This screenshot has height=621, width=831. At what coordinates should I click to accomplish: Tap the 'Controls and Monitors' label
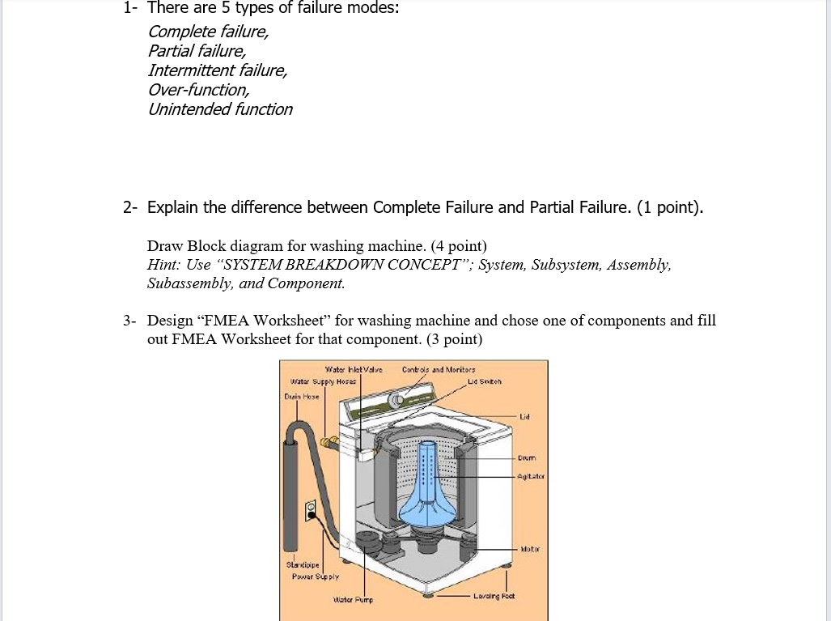coord(439,370)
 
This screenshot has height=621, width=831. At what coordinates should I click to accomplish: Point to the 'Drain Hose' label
coord(302,397)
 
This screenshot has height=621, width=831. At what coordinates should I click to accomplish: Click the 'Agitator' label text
coord(531,476)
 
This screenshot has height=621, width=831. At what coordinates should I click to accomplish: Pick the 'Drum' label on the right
coord(527,458)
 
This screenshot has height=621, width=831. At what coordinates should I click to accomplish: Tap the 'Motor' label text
coord(530,548)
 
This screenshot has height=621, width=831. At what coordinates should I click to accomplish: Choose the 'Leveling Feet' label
coord(498,595)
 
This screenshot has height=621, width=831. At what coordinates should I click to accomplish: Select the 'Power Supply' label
coord(316,577)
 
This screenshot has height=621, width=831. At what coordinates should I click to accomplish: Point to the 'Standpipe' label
coord(304,564)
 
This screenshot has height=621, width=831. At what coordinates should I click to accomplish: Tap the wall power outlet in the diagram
coord(310,510)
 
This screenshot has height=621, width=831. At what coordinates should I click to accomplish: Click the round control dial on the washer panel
coord(396,400)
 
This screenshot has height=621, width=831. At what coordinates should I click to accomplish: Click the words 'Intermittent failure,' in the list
coord(217,70)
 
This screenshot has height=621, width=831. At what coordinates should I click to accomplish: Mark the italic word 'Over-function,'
coord(198,90)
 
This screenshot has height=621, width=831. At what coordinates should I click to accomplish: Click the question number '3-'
coord(130,321)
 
